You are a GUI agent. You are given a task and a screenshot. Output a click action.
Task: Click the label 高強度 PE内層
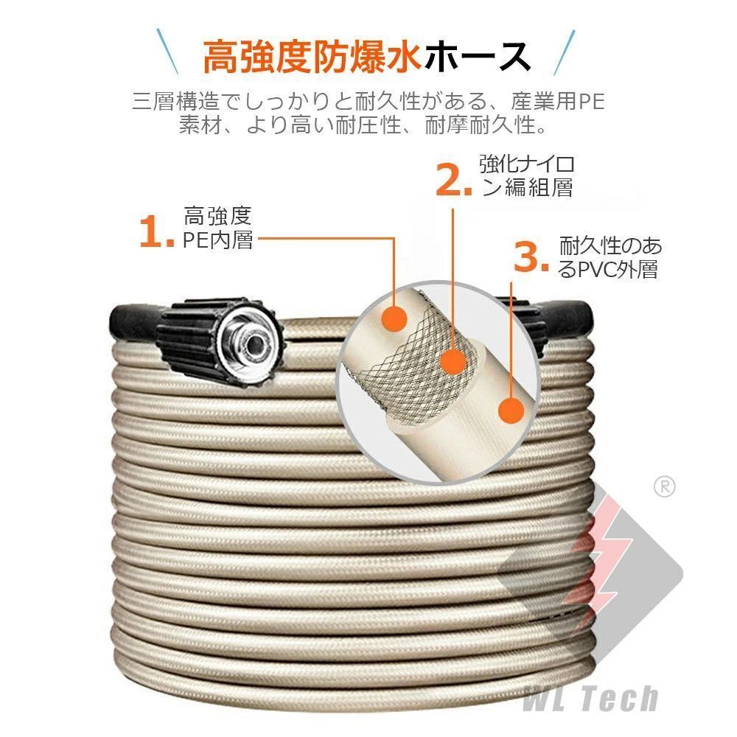(218, 228)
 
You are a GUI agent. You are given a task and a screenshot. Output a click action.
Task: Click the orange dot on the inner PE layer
(397, 319)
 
